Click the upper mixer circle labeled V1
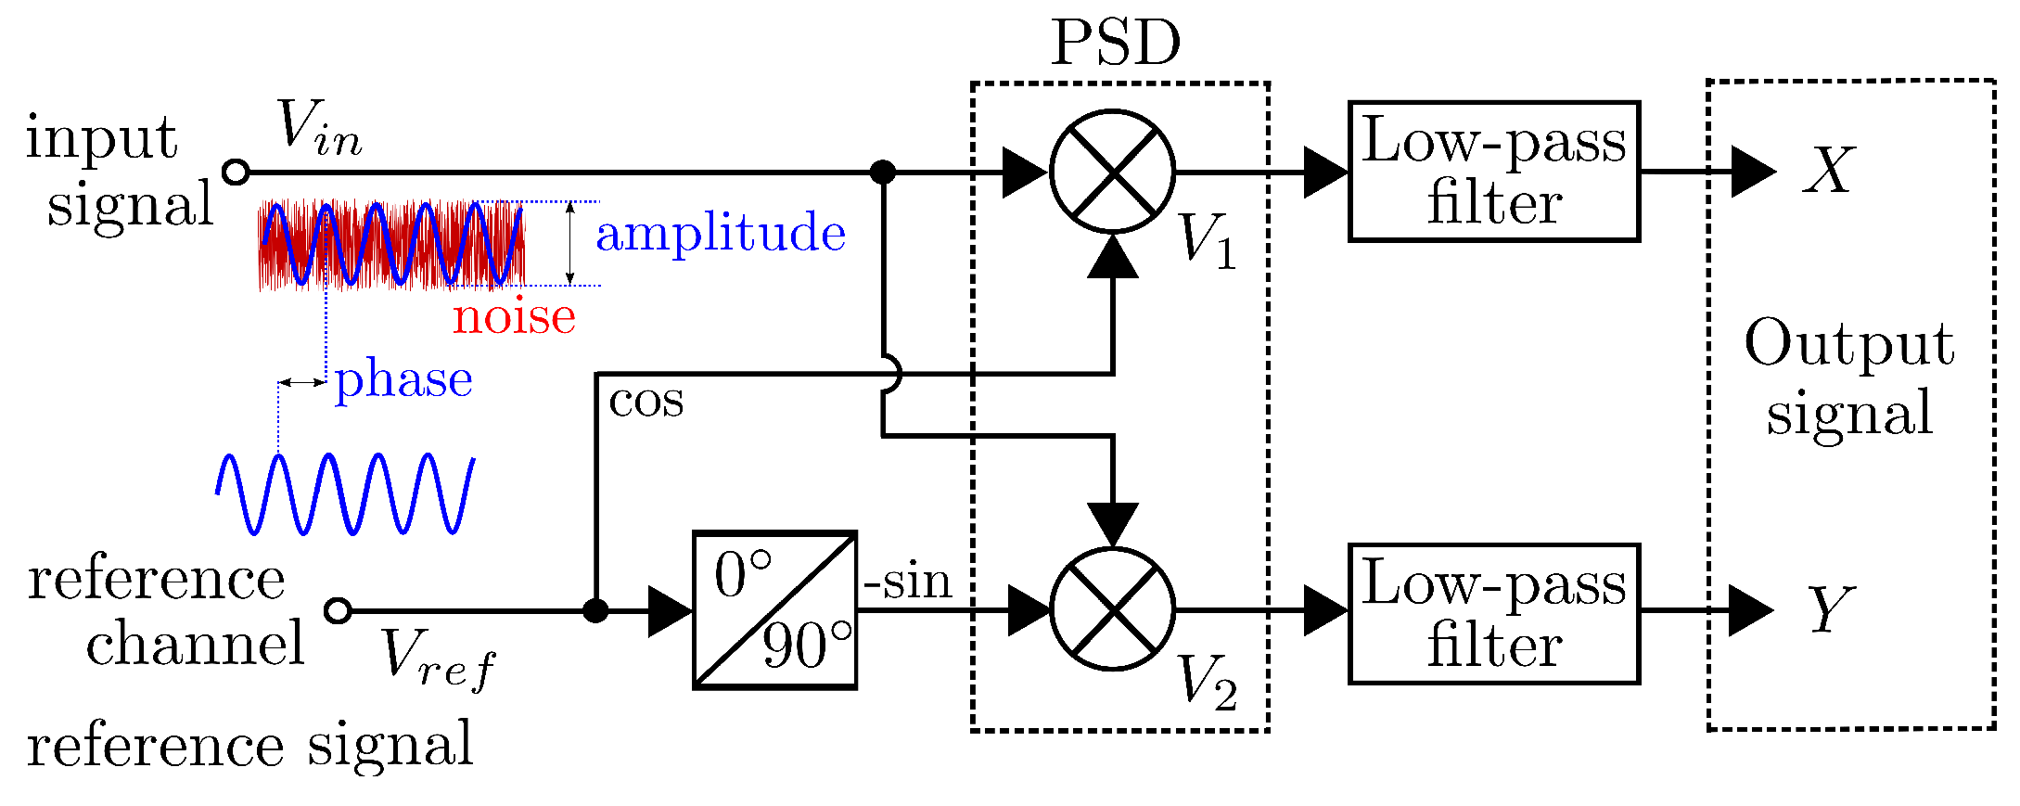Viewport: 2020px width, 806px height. (x=1112, y=172)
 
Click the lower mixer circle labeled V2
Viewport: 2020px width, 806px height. (x=1112, y=609)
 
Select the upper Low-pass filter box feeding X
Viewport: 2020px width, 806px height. (x=1493, y=172)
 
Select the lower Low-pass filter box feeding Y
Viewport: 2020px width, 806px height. (x=1493, y=614)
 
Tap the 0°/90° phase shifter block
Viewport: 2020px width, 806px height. (x=774, y=610)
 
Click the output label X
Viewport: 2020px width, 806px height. (x=1828, y=171)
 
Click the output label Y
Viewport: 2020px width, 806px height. (x=1830, y=609)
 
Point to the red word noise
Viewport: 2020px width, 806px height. (x=514, y=317)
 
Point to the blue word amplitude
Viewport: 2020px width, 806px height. (x=720, y=233)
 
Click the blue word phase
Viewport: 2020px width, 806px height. (x=403, y=380)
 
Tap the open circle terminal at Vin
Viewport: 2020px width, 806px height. (x=237, y=172)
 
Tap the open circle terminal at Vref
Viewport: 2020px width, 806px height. (x=339, y=610)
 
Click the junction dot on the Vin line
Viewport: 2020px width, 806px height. (x=883, y=172)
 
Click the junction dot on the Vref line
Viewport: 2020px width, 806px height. (x=595, y=610)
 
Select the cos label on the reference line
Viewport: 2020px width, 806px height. (x=646, y=401)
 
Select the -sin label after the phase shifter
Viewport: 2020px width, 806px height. (x=907, y=582)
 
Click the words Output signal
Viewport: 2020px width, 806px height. (x=1848, y=377)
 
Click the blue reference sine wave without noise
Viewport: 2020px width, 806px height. (x=346, y=493)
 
